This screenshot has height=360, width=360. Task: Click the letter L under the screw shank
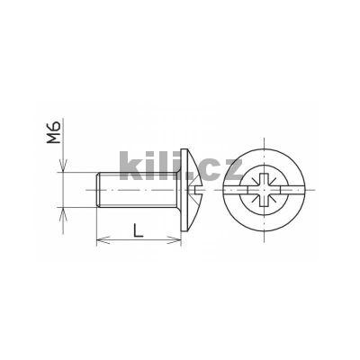pyautogui.click(x=138, y=229)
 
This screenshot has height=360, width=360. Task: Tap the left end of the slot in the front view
pyautogui.click(x=226, y=190)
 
